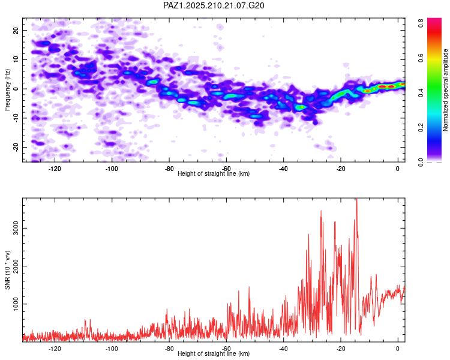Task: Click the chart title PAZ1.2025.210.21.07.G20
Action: click(214, 5)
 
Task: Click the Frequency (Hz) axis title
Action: click(7, 90)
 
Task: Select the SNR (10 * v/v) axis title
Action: click(7, 270)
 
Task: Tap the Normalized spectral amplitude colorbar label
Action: click(445, 90)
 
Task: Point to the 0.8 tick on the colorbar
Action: click(421, 23)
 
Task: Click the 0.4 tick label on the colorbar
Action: click(421, 92)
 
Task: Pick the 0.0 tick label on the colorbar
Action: click(421, 162)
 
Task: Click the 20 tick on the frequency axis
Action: click(16, 30)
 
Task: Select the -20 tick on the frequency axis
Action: click(16, 147)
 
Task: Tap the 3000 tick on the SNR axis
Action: click(16, 228)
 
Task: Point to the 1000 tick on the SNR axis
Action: click(16, 304)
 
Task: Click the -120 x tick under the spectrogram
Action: click(55, 169)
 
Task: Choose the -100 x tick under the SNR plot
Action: click(112, 349)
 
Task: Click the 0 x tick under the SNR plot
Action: click(398, 349)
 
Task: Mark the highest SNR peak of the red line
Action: click(357, 199)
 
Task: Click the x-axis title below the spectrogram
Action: click(214, 173)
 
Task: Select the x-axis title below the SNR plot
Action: click(214, 353)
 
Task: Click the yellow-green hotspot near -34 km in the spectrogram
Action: click(301, 107)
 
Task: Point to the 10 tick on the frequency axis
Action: click(16, 59)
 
